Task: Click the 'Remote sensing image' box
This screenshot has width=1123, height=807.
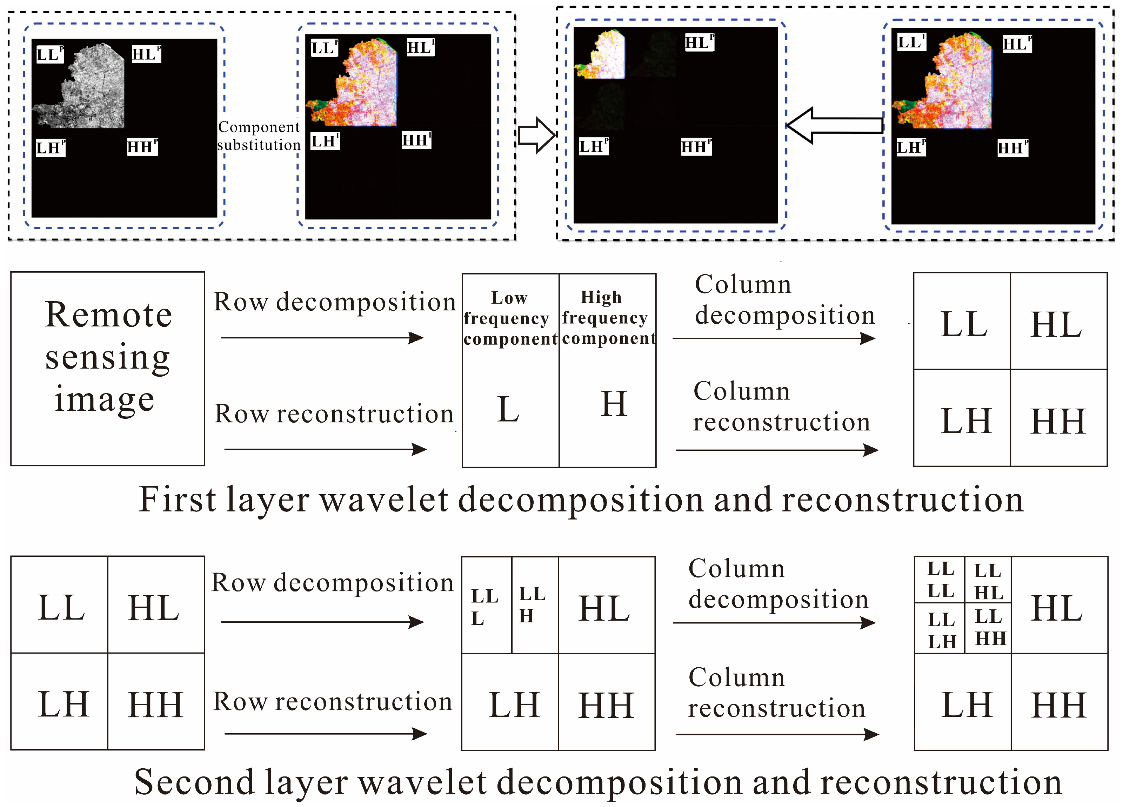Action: click(107, 369)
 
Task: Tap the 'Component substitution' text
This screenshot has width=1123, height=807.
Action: click(259, 136)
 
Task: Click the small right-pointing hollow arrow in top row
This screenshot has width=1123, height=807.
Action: click(536, 135)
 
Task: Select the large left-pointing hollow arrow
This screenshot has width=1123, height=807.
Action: click(834, 125)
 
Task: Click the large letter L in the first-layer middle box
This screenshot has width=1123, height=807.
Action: click(508, 409)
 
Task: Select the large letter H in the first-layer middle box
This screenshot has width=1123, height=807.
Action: click(614, 404)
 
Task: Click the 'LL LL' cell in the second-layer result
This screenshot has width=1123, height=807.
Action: click(940, 580)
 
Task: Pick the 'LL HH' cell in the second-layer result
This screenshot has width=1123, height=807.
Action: click(989, 628)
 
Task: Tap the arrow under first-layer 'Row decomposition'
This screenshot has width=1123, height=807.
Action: click(322, 338)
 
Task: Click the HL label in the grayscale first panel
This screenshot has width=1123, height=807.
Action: click(146, 54)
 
